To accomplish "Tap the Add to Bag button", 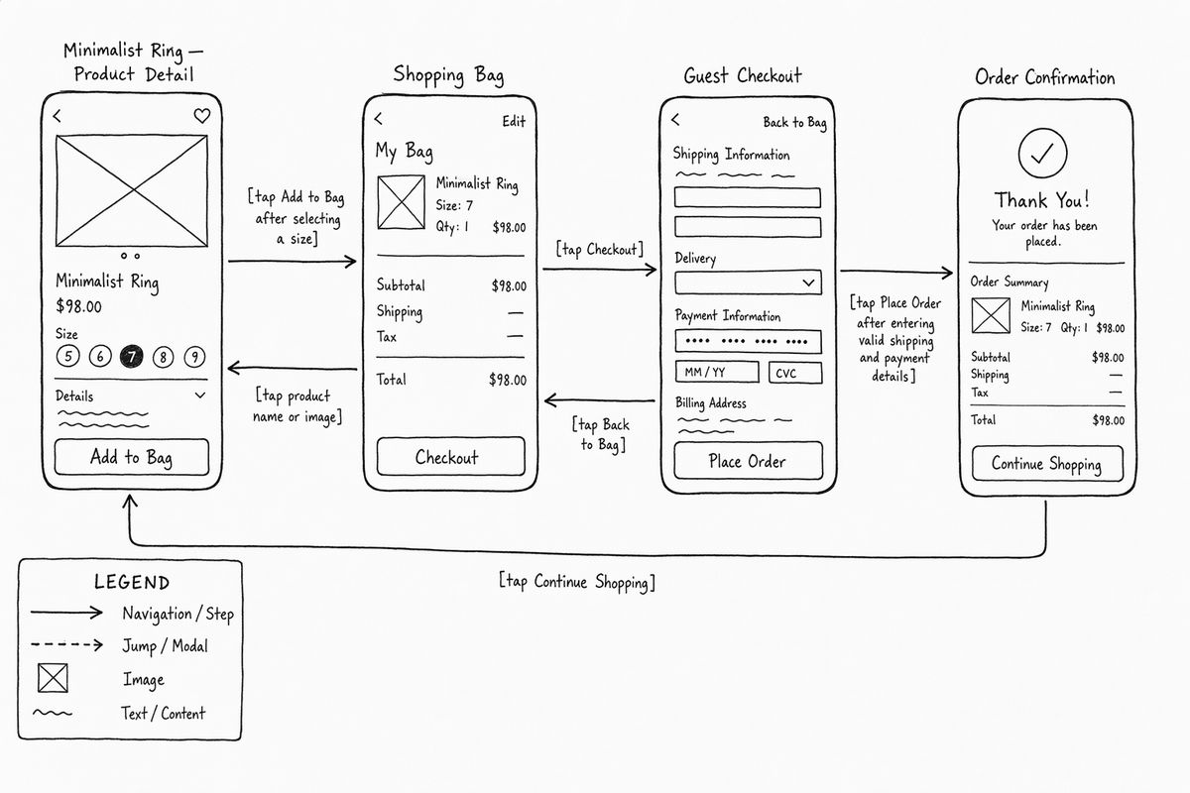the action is click(132, 457).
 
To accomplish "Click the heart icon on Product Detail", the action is click(202, 115).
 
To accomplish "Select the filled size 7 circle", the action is click(131, 357).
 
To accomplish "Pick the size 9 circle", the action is click(195, 357).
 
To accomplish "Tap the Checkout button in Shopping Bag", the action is click(450, 456).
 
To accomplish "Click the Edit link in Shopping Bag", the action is click(514, 122).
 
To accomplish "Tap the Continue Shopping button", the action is click(1047, 464).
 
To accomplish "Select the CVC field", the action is click(795, 373).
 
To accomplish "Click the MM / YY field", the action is click(717, 372).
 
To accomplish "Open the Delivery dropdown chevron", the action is click(808, 283).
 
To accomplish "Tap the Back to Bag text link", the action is click(794, 123).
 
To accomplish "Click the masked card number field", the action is click(748, 342).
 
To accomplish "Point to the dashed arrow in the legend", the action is click(67, 645).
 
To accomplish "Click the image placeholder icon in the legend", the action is click(53, 678).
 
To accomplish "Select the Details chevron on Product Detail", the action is click(200, 396).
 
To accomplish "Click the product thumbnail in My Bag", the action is click(401, 202).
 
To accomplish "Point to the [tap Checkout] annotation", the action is click(599, 249).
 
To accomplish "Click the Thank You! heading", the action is click(1042, 200).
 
